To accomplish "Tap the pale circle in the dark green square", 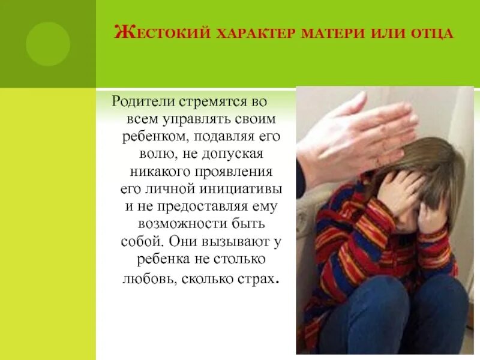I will coord(48,43).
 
